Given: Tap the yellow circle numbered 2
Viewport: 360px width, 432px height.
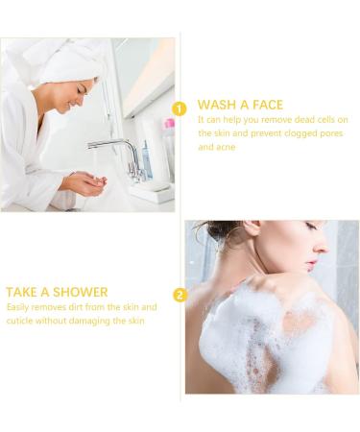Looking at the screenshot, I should coord(180,295).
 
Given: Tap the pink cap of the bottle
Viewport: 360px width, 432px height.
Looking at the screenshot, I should coord(169,124).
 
